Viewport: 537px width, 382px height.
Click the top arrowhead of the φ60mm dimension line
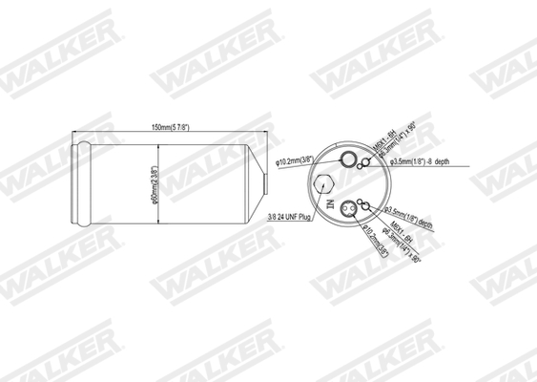click(157, 144)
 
